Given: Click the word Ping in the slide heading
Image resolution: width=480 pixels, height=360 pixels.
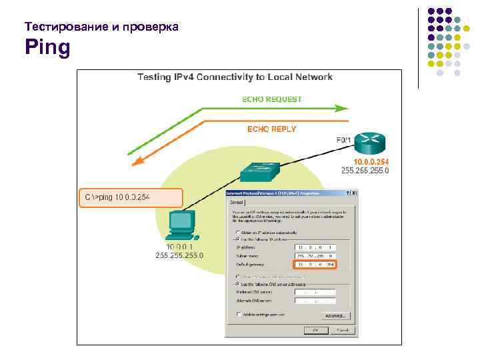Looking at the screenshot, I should [47, 49].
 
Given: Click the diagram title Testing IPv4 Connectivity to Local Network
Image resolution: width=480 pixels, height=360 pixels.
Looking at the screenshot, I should [235, 77].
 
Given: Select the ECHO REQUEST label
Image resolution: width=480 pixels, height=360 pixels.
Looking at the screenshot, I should [271, 99].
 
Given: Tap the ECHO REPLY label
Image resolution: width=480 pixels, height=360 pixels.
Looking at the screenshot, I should [271, 128].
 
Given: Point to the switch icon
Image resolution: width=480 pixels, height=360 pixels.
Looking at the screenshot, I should [259, 171].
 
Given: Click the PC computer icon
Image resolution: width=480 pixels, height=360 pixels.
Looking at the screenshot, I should [182, 224].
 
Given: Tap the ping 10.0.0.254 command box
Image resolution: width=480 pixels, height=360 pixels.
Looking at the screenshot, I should [131, 198].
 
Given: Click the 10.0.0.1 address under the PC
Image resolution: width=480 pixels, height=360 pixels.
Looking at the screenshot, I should [179, 247].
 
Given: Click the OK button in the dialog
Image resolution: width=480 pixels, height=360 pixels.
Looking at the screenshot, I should [312, 329].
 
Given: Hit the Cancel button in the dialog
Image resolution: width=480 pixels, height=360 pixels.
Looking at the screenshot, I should [340, 329].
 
